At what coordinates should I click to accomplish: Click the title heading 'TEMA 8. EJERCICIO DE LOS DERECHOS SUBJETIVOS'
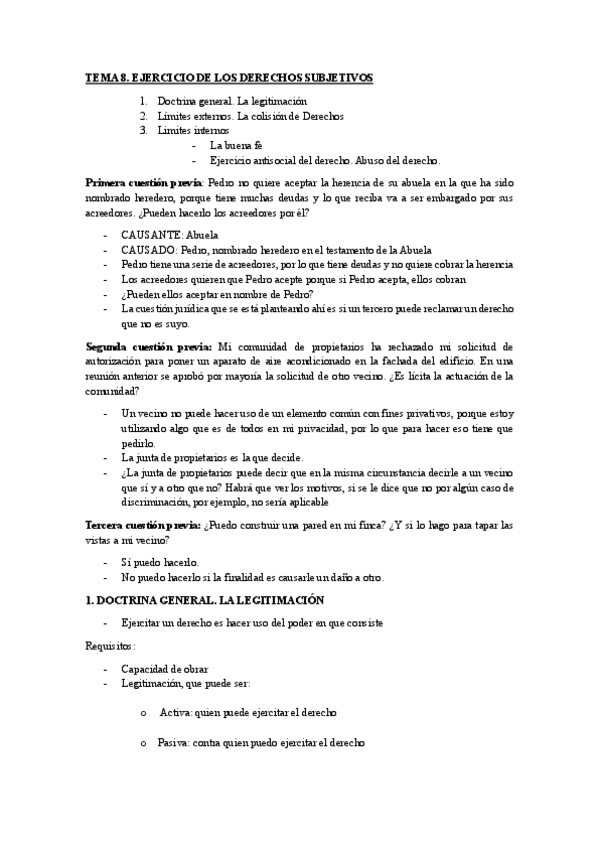click(x=228, y=78)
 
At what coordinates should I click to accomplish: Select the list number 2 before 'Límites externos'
click(x=144, y=116)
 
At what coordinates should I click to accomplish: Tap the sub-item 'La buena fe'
click(x=236, y=145)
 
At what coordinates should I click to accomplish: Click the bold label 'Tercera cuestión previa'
click(x=143, y=524)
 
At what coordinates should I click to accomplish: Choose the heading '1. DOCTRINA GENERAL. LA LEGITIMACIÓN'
click(x=205, y=600)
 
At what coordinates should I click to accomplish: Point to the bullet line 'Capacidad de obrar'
click(x=165, y=668)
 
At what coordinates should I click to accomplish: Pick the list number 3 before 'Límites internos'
click(x=144, y=130)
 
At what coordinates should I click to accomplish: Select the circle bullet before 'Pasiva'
click(x=145, y=743)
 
